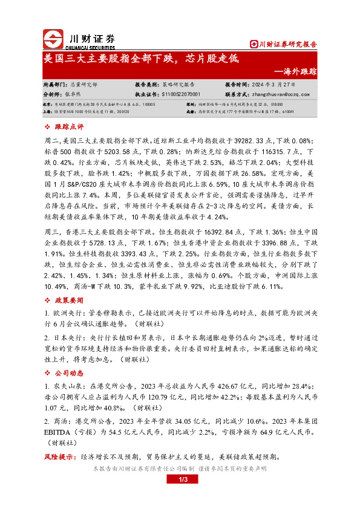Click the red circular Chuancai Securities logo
(x=53, y=39)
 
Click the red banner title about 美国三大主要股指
(x=143, y=59)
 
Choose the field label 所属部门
(x=56, y=85)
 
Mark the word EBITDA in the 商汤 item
(x=62, y=433)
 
